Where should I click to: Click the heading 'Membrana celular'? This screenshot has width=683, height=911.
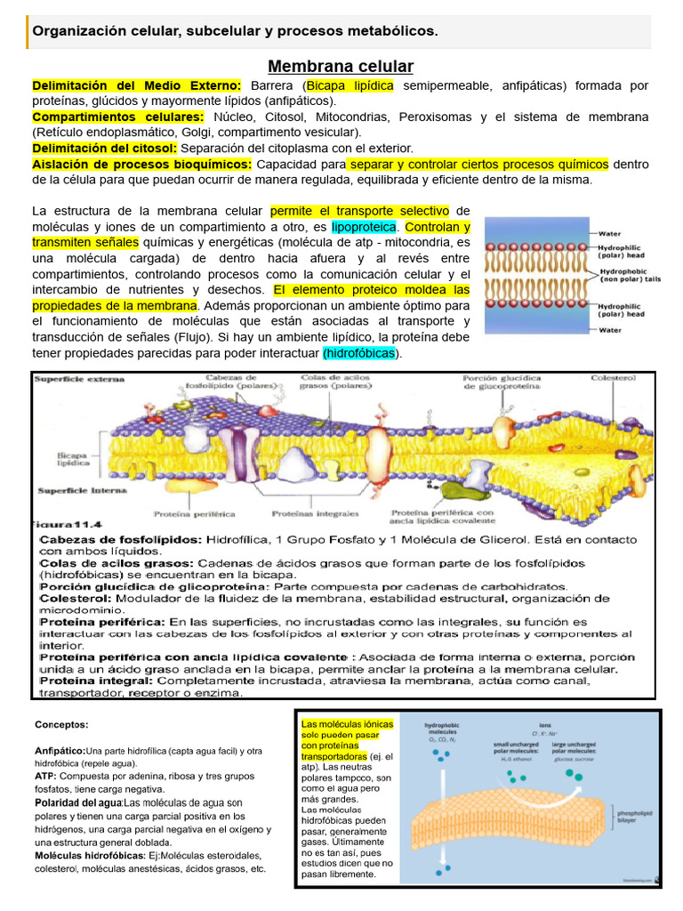341,67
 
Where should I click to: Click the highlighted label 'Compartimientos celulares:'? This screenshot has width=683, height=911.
117,117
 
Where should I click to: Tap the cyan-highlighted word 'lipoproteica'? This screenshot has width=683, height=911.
364,227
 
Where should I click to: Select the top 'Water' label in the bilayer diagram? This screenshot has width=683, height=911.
608,234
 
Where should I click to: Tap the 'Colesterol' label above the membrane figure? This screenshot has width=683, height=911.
614,378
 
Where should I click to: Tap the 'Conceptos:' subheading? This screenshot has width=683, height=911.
61,724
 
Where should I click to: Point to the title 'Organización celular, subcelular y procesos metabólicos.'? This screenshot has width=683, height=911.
235,32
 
